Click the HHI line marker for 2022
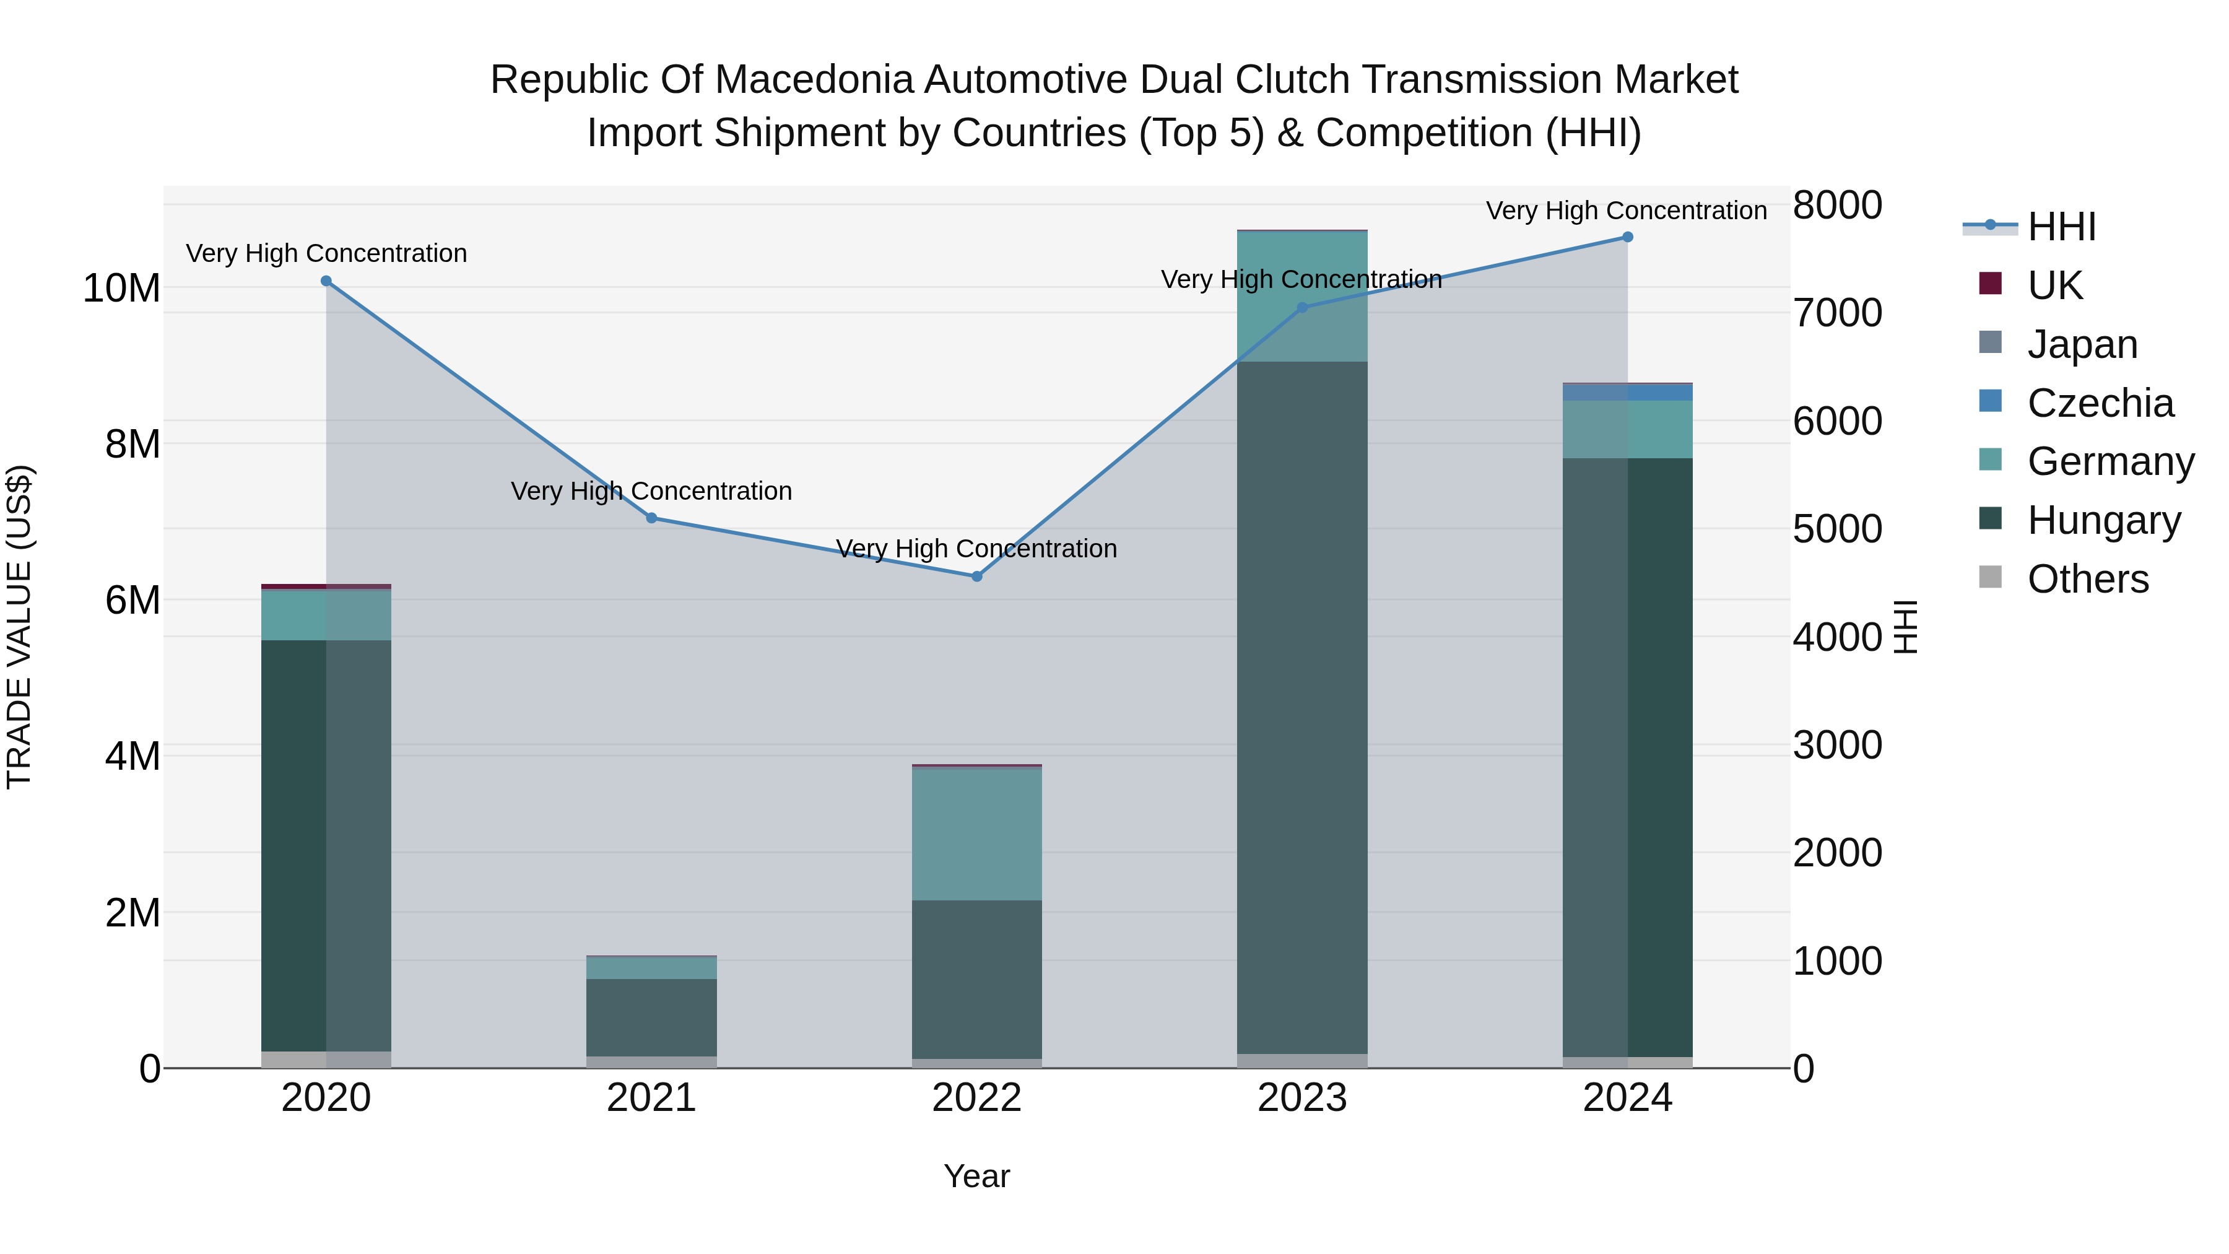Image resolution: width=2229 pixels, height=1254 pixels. point(977,577)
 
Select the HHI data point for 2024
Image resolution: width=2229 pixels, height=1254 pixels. point(1628,237)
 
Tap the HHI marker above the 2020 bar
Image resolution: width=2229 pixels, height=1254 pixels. point(326,281)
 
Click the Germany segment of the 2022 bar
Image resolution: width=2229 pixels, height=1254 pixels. point(977,834)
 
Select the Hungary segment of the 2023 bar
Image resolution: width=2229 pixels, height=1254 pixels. point(1302,707)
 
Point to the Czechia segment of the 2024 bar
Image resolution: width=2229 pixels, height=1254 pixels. point(1628,392)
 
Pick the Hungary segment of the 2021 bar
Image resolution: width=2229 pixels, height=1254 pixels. point(651,1017)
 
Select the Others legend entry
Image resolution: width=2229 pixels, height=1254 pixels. point(2087,579)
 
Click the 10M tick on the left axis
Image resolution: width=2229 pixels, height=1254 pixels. point(121,288)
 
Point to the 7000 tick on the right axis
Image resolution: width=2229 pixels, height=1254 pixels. point(1837,313)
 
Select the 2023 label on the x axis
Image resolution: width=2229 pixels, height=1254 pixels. point(1302,1098)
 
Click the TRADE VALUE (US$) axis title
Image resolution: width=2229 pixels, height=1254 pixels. point(19,627)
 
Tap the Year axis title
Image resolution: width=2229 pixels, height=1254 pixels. point(977,1176)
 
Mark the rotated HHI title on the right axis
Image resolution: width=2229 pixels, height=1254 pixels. point(1906,627)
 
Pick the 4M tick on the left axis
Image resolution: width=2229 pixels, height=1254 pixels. point(133,756)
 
